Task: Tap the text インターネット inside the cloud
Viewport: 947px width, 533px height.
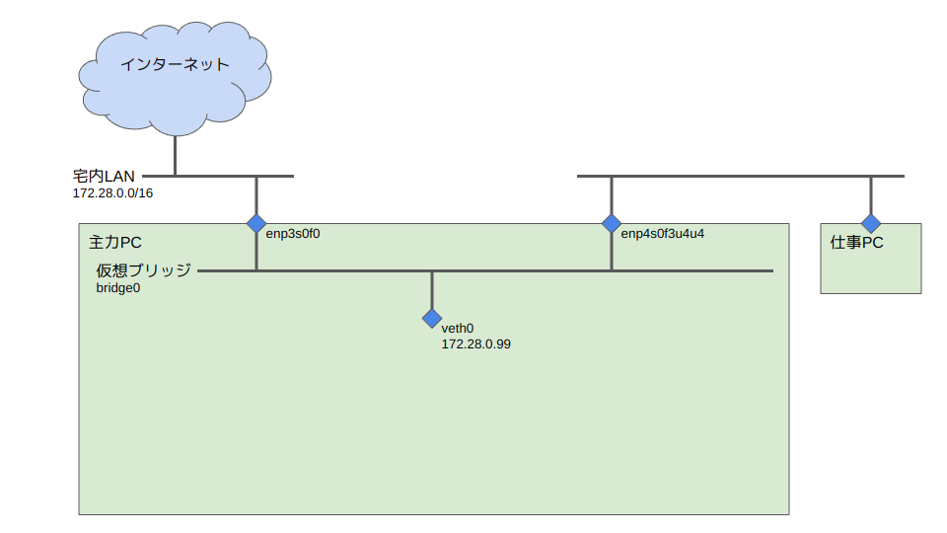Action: point(175,65)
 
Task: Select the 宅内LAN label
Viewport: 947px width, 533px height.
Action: point(104,176)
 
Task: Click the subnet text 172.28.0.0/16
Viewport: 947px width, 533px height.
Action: point(112,193)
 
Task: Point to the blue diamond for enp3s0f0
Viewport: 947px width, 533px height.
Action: point(256,223)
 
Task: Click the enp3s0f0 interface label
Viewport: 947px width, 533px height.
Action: point(294,234)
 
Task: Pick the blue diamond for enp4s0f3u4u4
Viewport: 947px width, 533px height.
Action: point(612,223)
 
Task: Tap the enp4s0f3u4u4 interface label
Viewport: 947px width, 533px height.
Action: point(662,234)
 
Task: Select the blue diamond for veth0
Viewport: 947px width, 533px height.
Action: point(432,318)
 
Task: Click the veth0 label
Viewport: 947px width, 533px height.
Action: point(458,329)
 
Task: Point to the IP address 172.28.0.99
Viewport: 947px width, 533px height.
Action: point(475,344)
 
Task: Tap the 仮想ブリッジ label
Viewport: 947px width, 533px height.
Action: point(143,269)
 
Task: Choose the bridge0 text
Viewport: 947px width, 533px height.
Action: point(117,287)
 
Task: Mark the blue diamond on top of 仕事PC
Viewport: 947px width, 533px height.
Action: point(870,223)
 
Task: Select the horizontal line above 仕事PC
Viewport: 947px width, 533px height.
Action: point(740,176)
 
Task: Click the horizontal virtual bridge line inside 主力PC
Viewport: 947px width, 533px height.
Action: point(513,270)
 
